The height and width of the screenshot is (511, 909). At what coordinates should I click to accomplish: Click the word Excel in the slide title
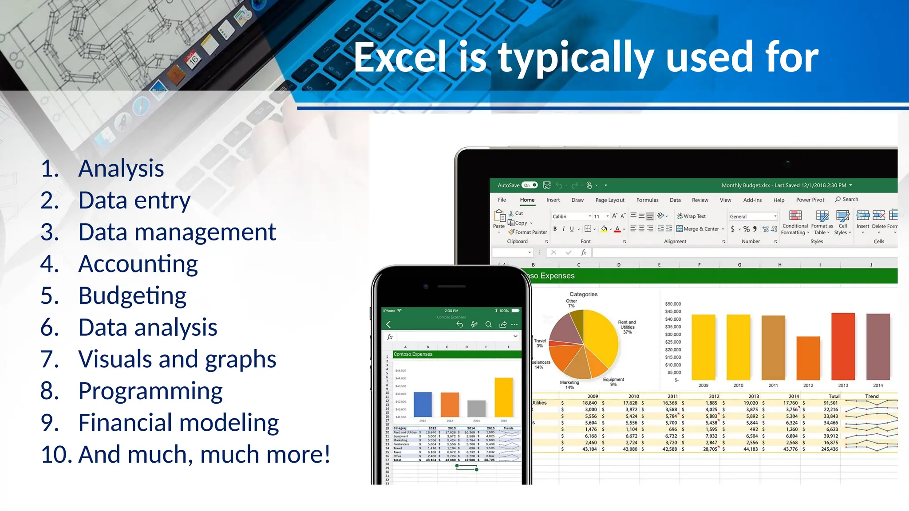tap(400, 58)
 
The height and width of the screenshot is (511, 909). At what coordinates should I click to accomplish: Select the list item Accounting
tap(138, 264)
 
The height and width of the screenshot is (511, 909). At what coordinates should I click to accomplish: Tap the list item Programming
tap(150, 391)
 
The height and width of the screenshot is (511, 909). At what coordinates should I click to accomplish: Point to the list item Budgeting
tap(132, 296)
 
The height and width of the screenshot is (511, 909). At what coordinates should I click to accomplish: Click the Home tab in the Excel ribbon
tap(527, 200)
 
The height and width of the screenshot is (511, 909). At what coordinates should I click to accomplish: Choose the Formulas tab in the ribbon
tap(647, 200)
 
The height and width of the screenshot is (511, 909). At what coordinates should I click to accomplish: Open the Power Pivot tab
tap(810, 200)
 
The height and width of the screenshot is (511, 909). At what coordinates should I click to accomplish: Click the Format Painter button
tap(528, 232)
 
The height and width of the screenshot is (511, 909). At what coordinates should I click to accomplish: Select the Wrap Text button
tap(691, 216)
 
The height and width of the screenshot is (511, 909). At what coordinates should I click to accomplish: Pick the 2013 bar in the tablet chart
tap(843, 346)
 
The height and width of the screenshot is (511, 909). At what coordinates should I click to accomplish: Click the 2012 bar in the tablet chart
tap(808, 358)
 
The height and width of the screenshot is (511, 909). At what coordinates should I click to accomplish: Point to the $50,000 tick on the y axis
tap(673, 304)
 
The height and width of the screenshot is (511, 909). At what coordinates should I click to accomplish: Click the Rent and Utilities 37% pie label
tap(627, 327)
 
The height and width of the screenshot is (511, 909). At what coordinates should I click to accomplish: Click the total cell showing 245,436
tap(829, 449)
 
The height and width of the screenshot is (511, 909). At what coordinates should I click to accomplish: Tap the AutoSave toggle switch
tap(530, 185)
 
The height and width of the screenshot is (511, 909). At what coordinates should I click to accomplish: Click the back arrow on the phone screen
tap(388, 324)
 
